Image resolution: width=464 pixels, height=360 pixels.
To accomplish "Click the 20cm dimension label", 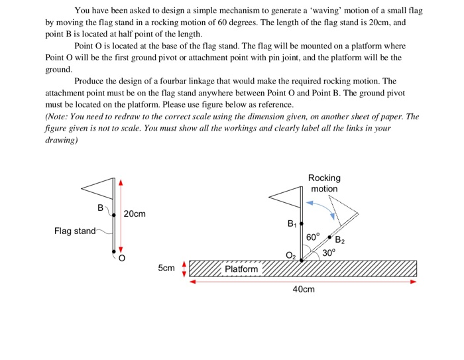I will (134, 214).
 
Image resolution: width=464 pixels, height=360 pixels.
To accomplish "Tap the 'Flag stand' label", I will (74, 231).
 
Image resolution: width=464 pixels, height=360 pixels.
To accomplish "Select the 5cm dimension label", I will (166, 269).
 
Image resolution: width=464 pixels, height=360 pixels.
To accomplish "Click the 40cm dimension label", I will (304, 289).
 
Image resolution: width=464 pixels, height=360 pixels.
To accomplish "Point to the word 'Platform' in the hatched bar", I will (241, 269).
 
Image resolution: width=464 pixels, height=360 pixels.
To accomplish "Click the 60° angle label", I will (313, 236).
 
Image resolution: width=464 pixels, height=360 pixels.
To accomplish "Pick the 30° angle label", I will (329, 252).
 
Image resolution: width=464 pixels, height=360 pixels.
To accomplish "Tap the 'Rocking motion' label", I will (324, 183).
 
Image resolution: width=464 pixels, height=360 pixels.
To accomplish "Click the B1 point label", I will (292, 224).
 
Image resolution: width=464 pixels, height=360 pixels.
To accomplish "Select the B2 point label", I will (340, 240).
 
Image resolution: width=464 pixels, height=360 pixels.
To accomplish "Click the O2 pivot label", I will (291, 255).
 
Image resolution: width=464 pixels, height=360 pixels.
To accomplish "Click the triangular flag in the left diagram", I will (98, 188).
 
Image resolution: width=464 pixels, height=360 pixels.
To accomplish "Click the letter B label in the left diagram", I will (101, 208).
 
